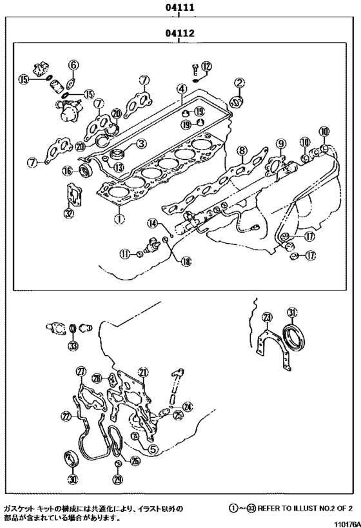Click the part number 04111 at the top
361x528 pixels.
(181, 7)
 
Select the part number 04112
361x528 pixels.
(181, 32)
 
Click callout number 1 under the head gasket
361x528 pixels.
(118, 218)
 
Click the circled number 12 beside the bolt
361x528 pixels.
(206, 66)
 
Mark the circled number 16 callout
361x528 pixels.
(67, 170)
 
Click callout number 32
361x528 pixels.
(69, 213)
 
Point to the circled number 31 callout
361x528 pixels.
(292, 313)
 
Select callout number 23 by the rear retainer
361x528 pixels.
(267, 317)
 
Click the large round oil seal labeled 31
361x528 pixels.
(297, 336)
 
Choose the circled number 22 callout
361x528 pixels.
(66, 417)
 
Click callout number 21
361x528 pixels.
(143, 372)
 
